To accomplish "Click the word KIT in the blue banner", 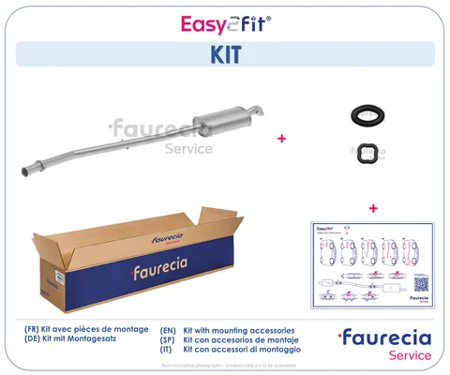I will [224, 54].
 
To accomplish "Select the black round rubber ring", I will [361, 115].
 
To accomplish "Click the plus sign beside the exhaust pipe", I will [280, 138].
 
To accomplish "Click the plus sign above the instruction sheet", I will [373, 207].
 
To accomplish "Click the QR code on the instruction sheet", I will [422, 281].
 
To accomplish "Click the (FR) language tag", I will [34, 331].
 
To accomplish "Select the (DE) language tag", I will [34, 341].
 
